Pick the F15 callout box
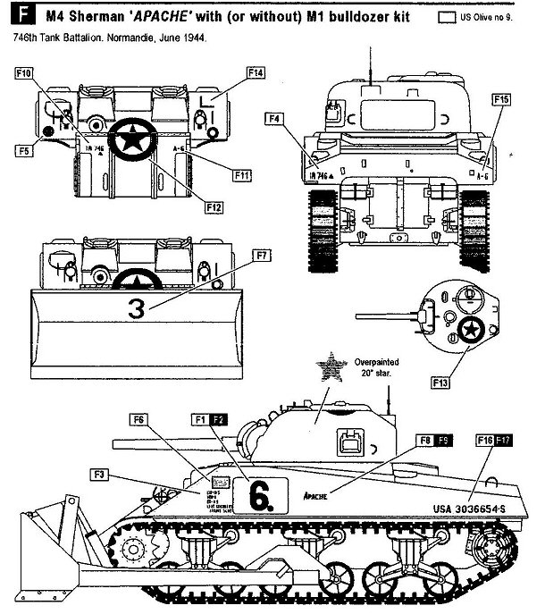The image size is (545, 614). tap(501, 98)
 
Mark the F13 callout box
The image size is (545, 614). tap(440, 383)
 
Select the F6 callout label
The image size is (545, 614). tap(138, 419)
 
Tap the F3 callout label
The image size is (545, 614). tap(99, 473)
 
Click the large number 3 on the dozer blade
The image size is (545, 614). tap(136, 309)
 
